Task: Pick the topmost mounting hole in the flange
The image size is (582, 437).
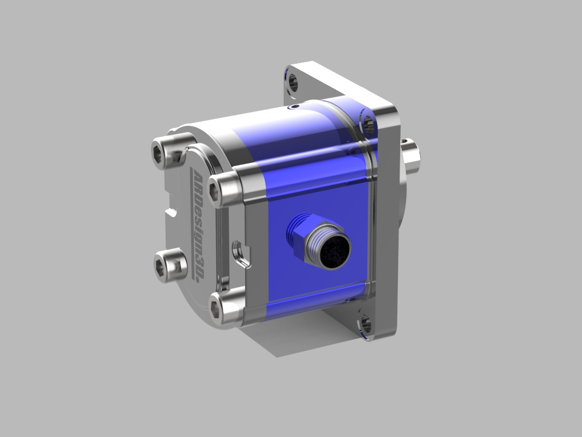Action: (293, 83)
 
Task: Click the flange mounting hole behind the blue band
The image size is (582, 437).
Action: (368, 122)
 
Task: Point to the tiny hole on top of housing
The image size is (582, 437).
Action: (293, 106)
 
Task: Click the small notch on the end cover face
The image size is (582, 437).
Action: (171, 213)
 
